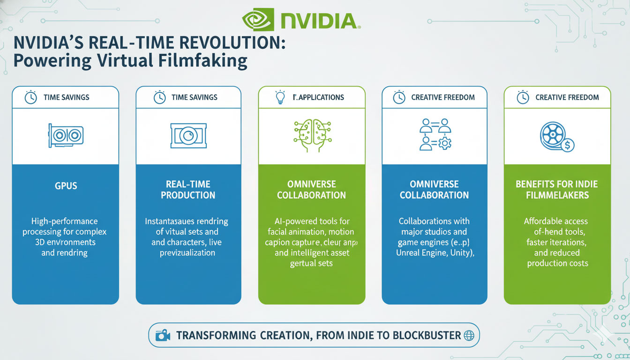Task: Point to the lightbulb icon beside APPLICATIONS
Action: click(280, 97)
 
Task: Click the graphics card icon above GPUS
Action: click(66, 136)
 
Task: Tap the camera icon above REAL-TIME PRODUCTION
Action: click(188, 136)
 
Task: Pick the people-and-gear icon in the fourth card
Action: click(435, 134)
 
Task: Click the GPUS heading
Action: click(66, 185)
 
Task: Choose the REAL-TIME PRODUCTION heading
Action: click(188, 189)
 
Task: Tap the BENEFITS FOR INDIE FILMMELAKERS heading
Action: click(557, 189)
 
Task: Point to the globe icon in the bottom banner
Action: click(469, 336)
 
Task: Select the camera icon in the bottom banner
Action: click(163, 336)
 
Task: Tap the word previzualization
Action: click(188, 253)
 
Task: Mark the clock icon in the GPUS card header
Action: click(30, 97)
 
